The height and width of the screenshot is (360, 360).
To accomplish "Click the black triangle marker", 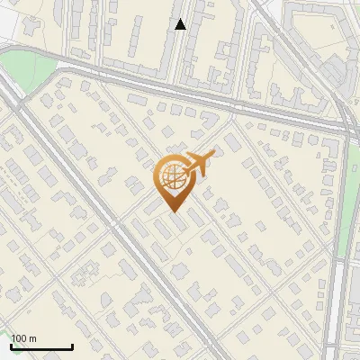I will [x=180, y=24].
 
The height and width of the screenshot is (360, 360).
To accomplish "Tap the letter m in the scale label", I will [x=32, y=338].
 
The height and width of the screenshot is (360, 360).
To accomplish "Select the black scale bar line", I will [x=40, y=346].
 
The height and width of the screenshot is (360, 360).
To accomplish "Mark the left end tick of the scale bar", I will [x=10, y=345].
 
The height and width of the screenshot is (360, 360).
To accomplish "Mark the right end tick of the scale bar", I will [x=72, y=345].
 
